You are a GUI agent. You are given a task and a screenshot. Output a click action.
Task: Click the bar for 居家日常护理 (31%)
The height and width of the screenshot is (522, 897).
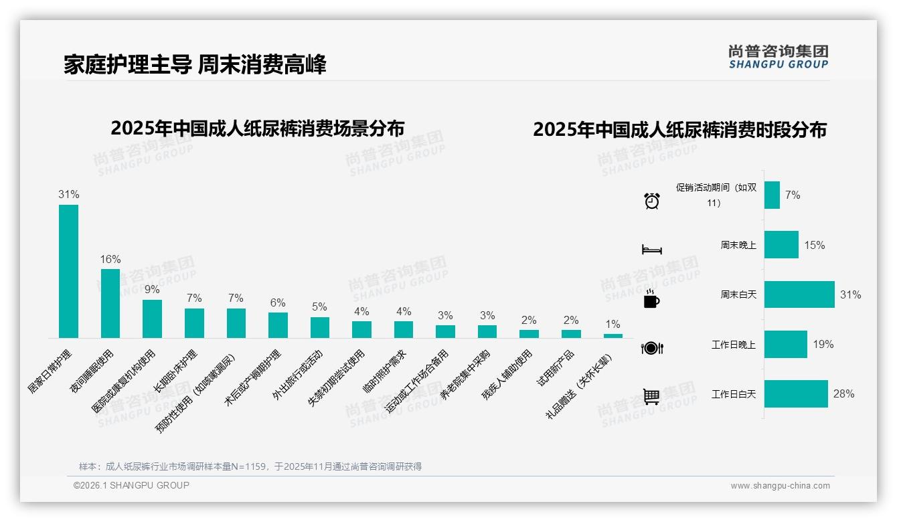pos(68,271)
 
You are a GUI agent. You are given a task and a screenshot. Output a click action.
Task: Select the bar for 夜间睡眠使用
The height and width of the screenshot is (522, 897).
pos(110,303)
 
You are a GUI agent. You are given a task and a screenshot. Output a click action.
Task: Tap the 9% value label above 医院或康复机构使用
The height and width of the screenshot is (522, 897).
pos(152,289)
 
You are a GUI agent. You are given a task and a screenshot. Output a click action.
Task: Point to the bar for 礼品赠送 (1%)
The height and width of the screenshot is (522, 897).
pos(613,335)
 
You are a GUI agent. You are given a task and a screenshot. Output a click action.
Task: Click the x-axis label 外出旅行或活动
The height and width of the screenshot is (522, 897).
pos(297,375)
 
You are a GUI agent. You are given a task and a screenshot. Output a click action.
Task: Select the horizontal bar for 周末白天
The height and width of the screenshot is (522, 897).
pos(799,294)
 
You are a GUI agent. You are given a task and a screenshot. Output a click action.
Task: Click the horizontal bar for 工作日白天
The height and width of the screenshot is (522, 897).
pos(796,394)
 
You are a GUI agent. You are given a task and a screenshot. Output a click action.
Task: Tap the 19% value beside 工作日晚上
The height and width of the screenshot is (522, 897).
pos(823,344)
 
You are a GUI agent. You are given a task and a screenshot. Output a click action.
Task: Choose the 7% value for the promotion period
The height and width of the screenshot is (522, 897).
pos(793,195)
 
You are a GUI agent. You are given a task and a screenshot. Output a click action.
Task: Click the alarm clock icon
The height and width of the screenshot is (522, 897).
pos(651,200)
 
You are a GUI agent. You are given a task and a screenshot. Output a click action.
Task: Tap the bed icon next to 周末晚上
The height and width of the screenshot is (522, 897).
pos(651,250)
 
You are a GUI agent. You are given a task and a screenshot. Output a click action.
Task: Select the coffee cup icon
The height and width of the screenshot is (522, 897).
pos(651,299)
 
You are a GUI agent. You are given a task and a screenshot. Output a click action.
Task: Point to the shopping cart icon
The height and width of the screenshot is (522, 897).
pos(651,397)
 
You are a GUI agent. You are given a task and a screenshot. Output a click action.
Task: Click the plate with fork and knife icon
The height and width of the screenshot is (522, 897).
pos(651,348)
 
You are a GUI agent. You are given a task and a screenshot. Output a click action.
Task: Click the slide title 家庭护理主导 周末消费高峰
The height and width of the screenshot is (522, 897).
pos(195,65)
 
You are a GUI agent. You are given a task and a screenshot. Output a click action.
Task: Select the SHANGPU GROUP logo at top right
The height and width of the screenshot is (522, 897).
pos(778,57)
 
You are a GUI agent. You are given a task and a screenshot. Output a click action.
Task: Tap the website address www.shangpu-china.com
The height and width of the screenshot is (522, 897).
pos(780,486)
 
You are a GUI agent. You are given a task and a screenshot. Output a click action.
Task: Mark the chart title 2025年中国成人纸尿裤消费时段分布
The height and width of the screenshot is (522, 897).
pos(679,129)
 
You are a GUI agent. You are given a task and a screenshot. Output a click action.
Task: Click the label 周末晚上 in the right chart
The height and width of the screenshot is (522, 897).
pos(738,246)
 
